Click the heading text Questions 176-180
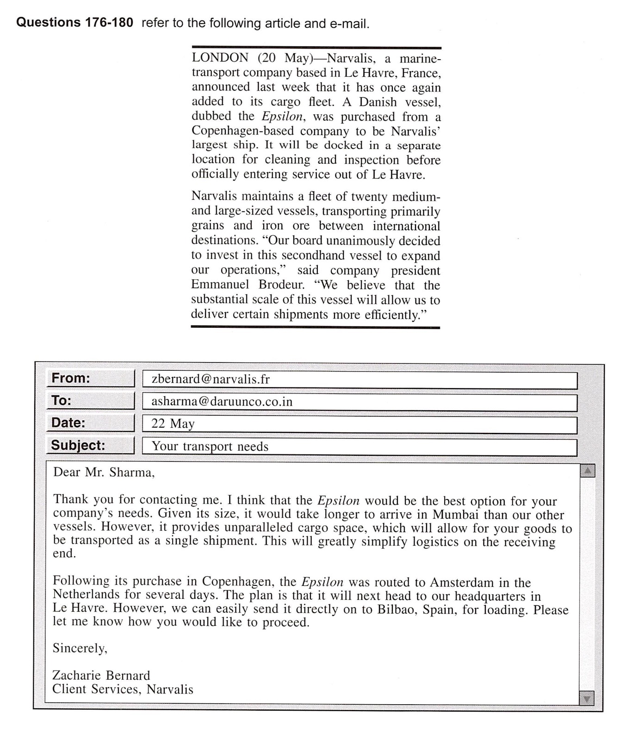click(74, 23)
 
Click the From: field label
click(71, 378)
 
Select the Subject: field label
click(78, 445)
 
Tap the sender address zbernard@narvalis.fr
click(211, 380)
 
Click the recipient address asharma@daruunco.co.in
click(222, 401)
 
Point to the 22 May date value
click(173, 424)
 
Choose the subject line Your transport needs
click(210, 446)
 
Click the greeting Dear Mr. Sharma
click(104, 472)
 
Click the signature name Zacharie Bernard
click(101, 676)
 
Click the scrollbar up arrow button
click(587, 471)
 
